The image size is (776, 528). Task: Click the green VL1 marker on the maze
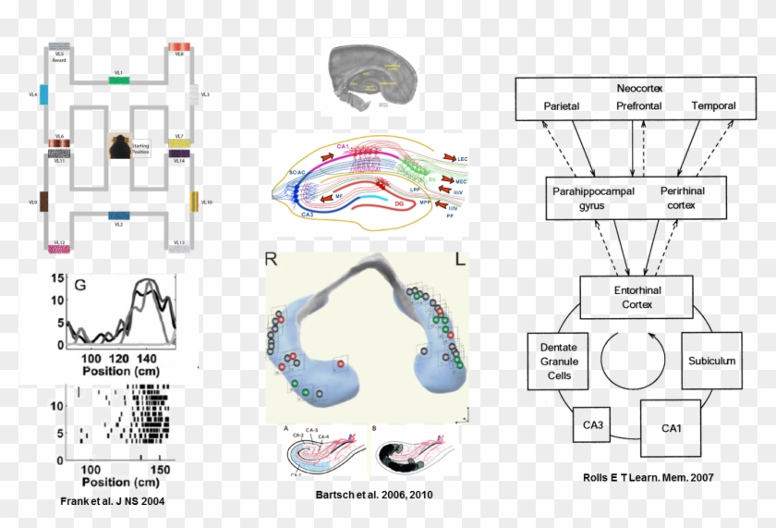tap(118, 80)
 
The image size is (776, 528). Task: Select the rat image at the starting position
tap(118, 147)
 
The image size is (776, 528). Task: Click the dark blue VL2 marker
tap(118, 215)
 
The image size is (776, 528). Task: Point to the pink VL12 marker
tap(58, 249)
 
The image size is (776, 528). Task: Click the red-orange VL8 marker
tap(178, 46)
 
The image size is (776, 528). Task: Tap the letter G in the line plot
tap(80, 285)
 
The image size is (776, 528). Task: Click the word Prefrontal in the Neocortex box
tap(639, 106)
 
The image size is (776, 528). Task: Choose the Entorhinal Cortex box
tap(637, 297)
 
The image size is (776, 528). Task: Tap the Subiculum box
tap(711, 361)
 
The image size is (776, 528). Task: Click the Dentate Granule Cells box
tap(558, 362)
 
